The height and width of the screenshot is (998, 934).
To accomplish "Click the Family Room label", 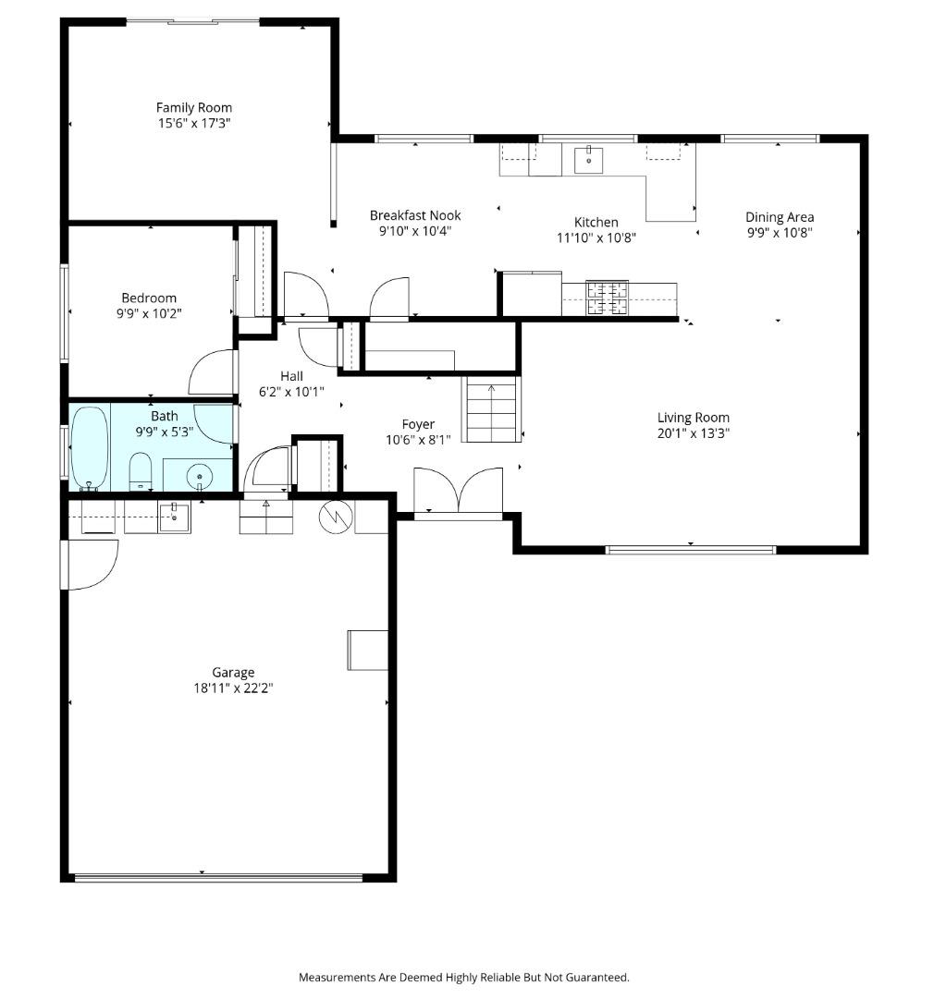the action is [x=193, y=107].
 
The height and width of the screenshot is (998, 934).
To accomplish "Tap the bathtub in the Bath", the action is [x=89, y=447].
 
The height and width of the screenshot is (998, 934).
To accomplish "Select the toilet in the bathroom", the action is [x=141, y=471].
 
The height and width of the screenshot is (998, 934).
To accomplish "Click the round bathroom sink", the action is [x=200, y=476].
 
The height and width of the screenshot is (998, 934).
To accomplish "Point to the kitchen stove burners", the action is [x=608, y=298].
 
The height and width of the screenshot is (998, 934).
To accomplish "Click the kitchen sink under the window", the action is [x=589, y=160].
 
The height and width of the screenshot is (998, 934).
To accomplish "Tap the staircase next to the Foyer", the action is [x=491, y=409].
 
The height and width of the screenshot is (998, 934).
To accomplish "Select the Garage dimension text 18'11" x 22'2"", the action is [x=233, y=688].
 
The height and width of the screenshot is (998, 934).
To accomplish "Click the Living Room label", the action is [x=694, y=418].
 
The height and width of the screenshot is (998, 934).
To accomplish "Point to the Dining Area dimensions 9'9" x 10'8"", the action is [x=780, y=233].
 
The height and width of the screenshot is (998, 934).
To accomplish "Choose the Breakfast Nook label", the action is [x=415, y=215].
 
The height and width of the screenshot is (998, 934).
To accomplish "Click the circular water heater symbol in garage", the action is [x=336, y=517].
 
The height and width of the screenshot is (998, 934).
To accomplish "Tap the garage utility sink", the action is [x=174, y=517].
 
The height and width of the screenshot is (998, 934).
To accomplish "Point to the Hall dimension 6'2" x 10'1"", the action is [x=292, y=392].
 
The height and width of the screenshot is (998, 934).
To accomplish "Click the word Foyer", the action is [x=418, y=424].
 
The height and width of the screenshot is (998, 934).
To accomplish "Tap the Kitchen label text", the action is [x=596, y=222].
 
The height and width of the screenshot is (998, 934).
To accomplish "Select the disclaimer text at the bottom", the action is [x=464, y=977].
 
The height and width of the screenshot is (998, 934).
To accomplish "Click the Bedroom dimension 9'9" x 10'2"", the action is [x=149, y=314].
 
